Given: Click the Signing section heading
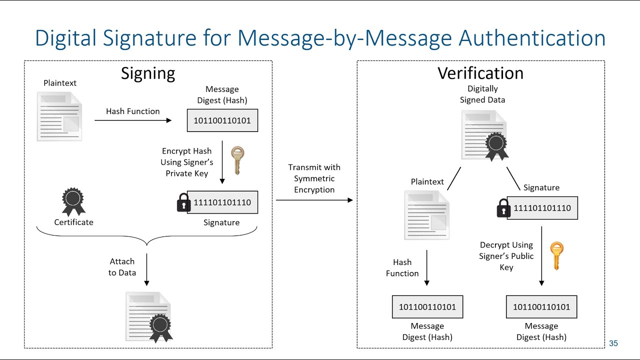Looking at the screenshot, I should [148, 73].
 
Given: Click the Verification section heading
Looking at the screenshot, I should [480, 73].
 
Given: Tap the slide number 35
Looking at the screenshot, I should [613, 343].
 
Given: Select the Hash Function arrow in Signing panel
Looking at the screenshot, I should [132, 120].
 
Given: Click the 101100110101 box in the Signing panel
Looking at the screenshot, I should [222, 121].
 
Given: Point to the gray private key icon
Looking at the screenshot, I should [237, 160].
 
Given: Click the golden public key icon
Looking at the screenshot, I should [556, 255].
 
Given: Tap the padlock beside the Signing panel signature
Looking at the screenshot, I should [183, 203].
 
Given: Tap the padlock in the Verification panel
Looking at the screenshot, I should [503, 208].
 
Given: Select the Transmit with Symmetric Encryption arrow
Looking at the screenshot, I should [314, 200].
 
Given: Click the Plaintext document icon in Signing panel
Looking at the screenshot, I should [59, 116].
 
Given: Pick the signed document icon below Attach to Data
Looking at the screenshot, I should [149, 317].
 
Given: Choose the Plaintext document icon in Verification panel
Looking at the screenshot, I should [426, 214].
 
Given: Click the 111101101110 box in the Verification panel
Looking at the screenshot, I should [542, 208].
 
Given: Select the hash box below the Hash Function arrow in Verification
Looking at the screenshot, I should [427, 307].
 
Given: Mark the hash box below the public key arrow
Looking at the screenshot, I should [541, 307].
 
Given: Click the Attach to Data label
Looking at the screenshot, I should [122, 267].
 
